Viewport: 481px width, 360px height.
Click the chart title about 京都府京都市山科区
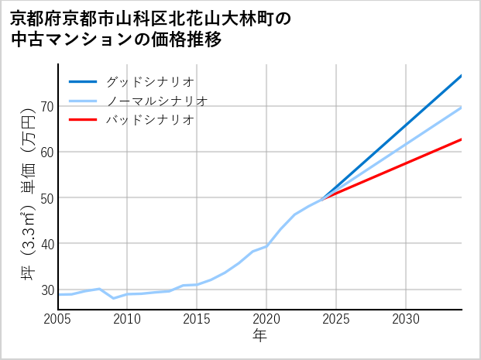tap(151, 29)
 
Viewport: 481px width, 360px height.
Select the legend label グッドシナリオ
tap(149, 81)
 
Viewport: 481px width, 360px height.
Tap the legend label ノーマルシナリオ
tap(156, 101)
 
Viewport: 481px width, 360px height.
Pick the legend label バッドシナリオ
tap(149, 120)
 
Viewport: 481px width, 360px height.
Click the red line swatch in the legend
tap(83, 120)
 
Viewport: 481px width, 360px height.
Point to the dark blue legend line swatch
tap(83, 81)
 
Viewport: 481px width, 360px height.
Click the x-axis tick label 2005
tap(58, 319)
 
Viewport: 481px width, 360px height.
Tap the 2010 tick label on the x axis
tap(128, 319)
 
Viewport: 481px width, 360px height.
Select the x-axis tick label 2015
tap(198, 319)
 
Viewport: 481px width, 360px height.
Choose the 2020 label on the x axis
tap(267, 319)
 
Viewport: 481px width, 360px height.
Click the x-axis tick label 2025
tap(337, 319)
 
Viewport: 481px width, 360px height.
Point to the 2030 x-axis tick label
tap(407, 319)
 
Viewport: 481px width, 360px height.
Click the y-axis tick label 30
tap(46, 290)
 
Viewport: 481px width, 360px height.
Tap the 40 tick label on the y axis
tap(46, 244)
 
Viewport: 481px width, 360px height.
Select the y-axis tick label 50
tap(46, 197)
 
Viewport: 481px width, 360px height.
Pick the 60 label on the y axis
tap(46, 152)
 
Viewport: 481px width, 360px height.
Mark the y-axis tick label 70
tap(46, 106)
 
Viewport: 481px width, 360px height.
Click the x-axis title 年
tap(260, 337)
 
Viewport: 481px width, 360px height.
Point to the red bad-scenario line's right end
tap(461, 139)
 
